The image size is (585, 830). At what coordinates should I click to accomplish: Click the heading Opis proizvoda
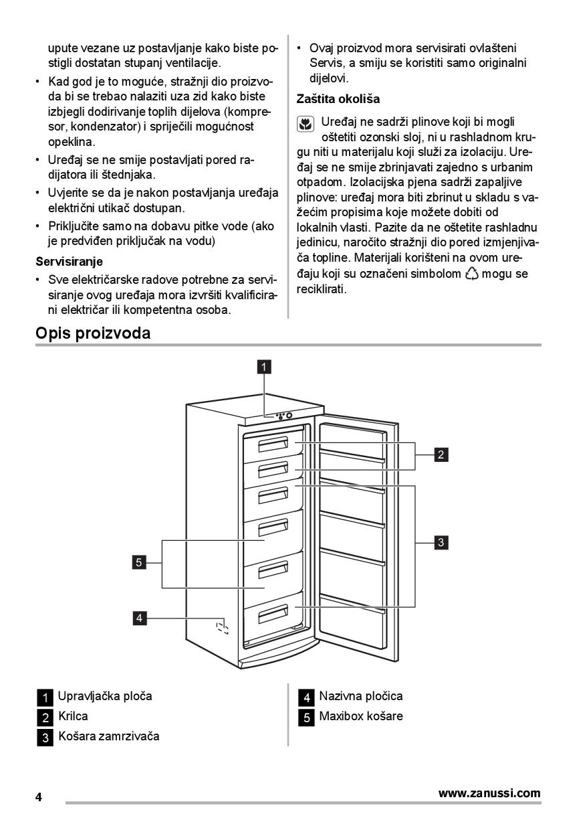[x=93, y=333]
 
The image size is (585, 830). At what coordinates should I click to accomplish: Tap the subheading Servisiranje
[x=69, y=261]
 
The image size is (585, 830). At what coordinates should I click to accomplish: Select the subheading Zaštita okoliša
[x=338, y=99]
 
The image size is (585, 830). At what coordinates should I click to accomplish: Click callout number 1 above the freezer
[x=265, y=366]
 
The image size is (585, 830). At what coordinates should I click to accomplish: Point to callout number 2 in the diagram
[x=441, y=455]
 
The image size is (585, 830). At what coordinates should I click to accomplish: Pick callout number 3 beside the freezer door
[x=441, y=542]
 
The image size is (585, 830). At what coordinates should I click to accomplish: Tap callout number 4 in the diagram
[x=139, y=618]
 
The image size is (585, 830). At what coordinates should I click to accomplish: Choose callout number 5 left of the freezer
[x=139, y=562]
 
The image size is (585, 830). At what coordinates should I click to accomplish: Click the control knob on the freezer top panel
[x=289, y=416]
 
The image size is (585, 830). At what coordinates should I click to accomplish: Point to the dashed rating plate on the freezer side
[x=222, y=627]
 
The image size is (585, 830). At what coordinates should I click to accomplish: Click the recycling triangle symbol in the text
[x=471, y=274]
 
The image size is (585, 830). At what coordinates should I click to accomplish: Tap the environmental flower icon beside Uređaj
[x=305, y=124]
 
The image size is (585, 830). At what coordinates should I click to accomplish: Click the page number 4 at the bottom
[x=39, y=797]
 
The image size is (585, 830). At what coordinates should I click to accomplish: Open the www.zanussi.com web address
[x=489, y=793]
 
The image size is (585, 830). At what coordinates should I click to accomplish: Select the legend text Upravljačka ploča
[x=105, y=696]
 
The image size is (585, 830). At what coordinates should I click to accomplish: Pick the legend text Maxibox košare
[x=361, y=716]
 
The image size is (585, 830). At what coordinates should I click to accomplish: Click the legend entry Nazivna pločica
[x=361, y=696]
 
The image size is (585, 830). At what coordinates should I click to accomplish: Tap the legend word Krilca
[x=73, y=716]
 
